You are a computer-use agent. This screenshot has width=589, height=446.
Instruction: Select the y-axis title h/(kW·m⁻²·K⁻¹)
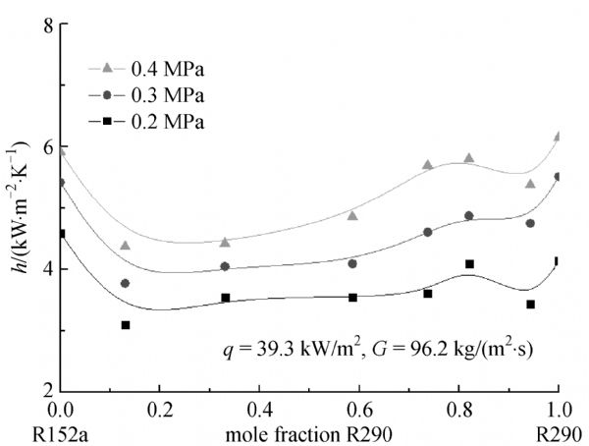tap(17, 207)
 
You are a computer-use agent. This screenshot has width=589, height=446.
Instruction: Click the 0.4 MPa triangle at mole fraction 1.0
tap(559, 137)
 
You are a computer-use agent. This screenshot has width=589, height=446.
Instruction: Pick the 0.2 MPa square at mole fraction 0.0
tap(60, 234)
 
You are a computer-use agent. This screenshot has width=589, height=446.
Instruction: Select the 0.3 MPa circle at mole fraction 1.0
tap(559, 177)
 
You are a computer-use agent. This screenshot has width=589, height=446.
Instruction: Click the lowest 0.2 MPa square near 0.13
tap(126, 325)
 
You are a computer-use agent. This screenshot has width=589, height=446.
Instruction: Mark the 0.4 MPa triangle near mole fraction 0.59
tap(352, 215)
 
